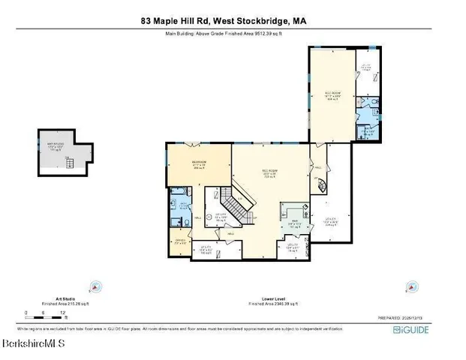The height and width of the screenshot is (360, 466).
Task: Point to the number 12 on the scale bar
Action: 65,313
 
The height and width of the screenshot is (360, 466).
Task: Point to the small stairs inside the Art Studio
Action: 68,159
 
